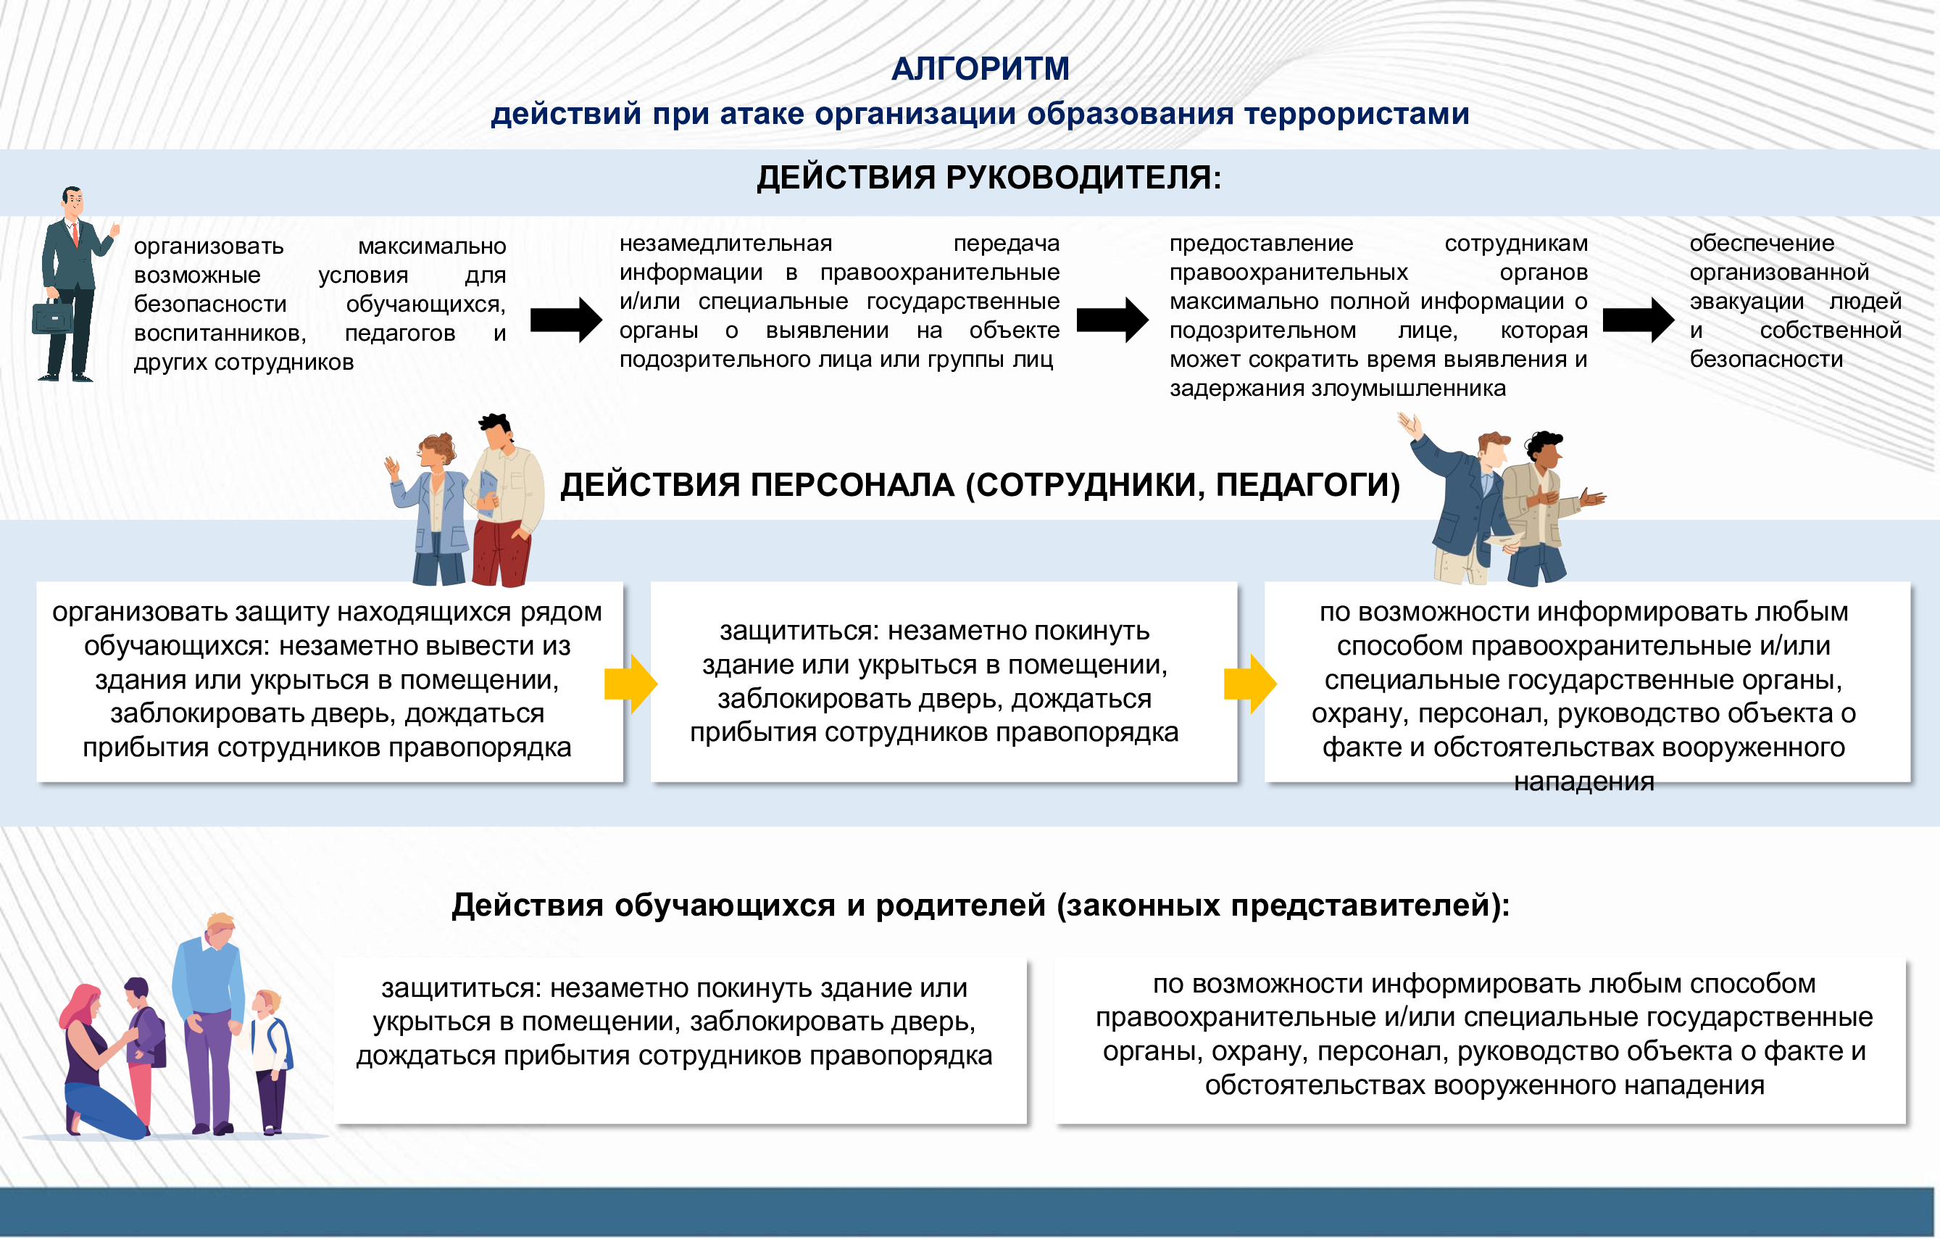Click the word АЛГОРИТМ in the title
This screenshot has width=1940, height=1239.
(980, 69)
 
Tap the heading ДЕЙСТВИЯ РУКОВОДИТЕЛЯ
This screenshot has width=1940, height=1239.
(988, 178)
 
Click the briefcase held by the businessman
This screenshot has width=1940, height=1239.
(52, 317)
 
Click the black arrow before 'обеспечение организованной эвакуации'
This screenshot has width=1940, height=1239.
(1638, 320)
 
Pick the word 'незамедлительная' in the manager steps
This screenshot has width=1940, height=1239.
(725, 244)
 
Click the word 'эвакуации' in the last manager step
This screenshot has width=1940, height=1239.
(1746, 302)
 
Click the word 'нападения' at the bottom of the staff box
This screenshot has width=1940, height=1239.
(1583, 781)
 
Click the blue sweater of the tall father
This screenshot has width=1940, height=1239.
(209, 979)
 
